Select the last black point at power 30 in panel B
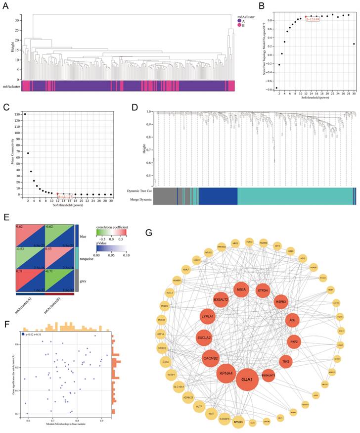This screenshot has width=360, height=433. click(x=354, y=44)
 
